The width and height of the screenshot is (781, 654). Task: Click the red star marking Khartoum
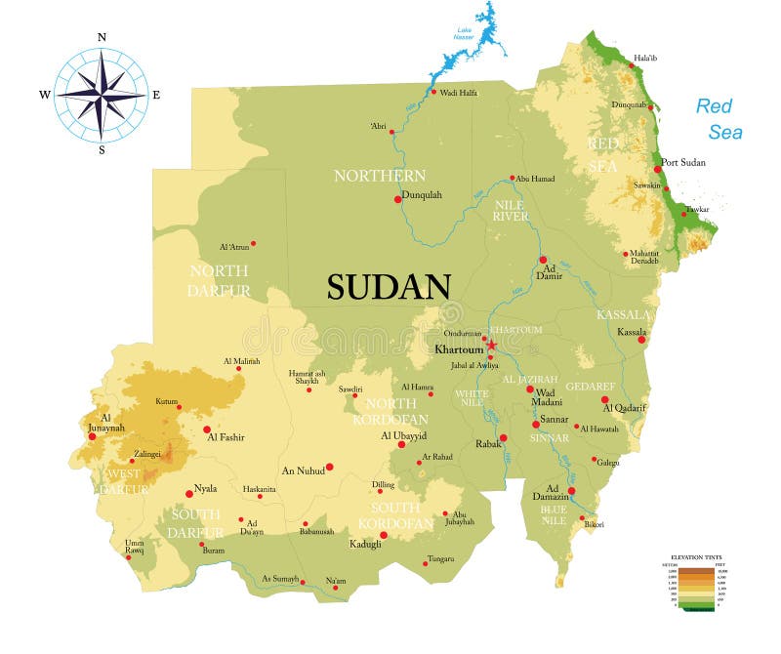click(x=491, y=345)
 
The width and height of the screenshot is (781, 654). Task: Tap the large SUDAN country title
click(x=389, y=286)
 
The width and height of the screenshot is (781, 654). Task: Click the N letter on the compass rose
click(x=102, y=37)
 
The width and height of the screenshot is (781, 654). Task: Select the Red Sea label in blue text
click(x=718, y=118)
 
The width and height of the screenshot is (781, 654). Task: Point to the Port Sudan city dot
click(x=658, y=169)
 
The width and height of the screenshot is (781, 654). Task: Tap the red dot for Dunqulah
click(x=397, y=199)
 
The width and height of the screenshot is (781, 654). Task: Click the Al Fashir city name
click(x=225, y=438)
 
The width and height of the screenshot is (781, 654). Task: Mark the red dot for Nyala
click(x=189, y=493)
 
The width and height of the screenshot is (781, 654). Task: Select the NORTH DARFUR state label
click(x=219, y=280)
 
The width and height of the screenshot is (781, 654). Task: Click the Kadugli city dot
click(x=384, y=535)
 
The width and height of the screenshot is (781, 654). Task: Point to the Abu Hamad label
click(x=535, y=179)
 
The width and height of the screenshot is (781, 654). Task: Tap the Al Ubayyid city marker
click(x=401, y=444)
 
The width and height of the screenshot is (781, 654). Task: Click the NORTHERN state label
click(x=380, y=176)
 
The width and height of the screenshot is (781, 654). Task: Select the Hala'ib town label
click(x=645, y=58)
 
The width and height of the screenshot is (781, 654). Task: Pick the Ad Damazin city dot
click(x=572, y=491)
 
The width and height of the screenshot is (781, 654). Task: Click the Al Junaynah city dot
click(x=92, y=436)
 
